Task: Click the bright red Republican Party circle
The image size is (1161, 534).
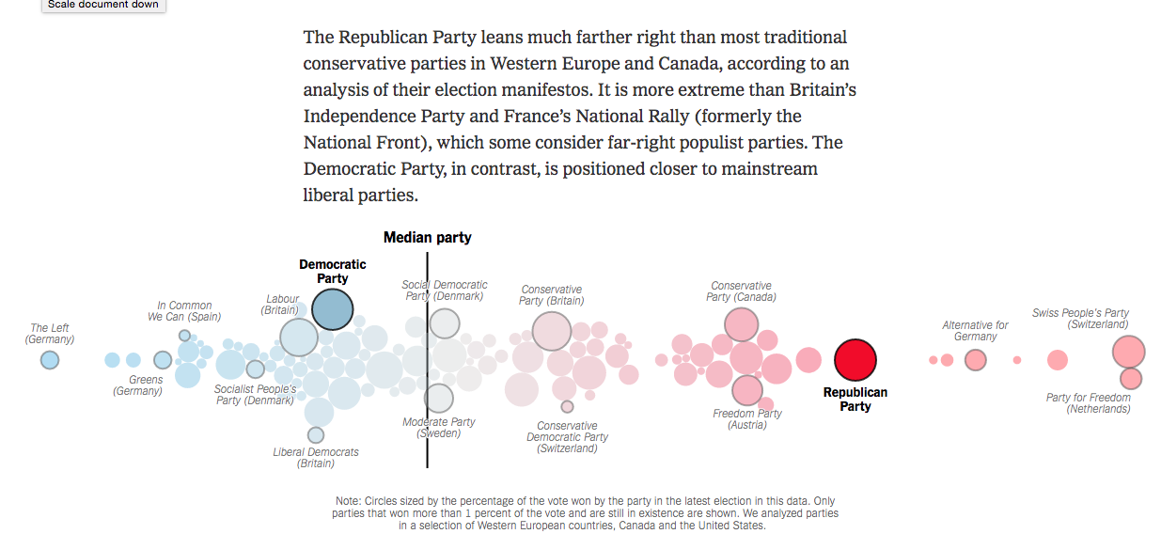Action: tap(855, 360)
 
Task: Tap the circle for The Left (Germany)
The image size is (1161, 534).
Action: tap(50, 360)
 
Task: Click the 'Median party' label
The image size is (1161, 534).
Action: tap(427, 238)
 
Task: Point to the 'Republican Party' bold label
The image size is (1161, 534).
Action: tap(855, 400)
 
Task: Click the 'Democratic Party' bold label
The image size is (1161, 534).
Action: tap(333, 272)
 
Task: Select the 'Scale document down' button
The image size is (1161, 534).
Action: tap(103, 5)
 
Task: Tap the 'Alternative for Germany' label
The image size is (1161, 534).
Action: tap(975, 331)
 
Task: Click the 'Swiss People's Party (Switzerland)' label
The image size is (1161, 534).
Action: tap(1080, 319)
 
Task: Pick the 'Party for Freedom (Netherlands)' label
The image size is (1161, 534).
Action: tap(1089, 403)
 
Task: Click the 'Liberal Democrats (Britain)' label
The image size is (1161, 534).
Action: tap(316, 458)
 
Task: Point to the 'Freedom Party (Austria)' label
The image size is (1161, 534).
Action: tap(747, 419)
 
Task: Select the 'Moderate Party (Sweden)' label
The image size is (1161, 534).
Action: tap(439, 428)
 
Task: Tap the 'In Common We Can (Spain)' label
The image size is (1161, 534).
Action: tap(184, 311)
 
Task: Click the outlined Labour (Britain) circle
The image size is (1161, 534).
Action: tap(299, 338)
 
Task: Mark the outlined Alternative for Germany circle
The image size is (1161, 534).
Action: tap(976, 360)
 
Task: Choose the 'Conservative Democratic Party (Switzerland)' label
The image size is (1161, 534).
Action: tap(567, 437)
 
